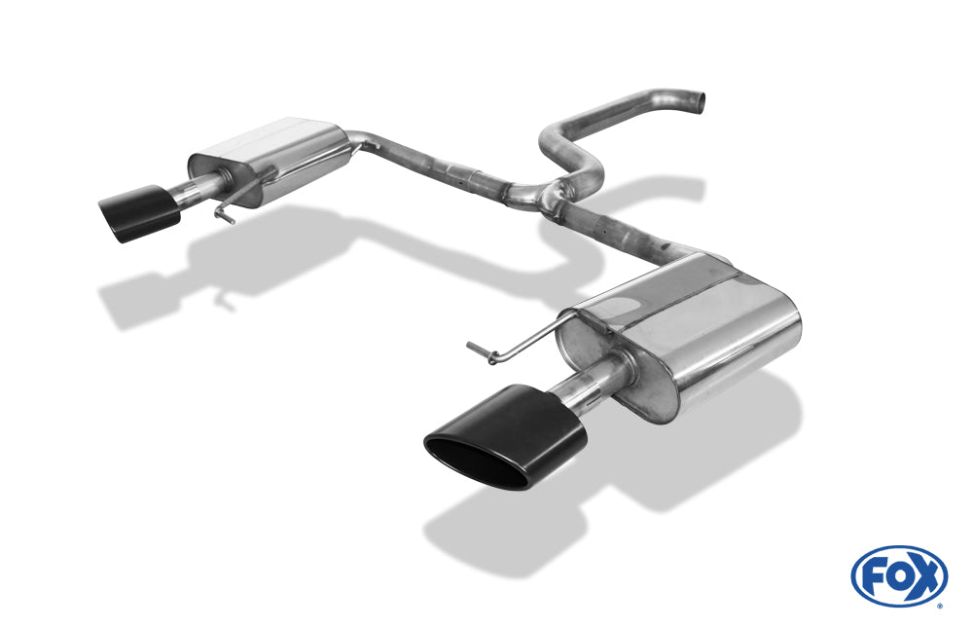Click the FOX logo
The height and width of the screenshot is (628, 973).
[x=899, y=576]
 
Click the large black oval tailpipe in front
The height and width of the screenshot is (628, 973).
[x=505, y=437]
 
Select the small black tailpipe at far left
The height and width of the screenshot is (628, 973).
[x=139, y=213]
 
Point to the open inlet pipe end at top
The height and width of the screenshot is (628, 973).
[x=699, y=103]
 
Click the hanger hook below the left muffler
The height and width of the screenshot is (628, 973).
[x=224, y=213]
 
